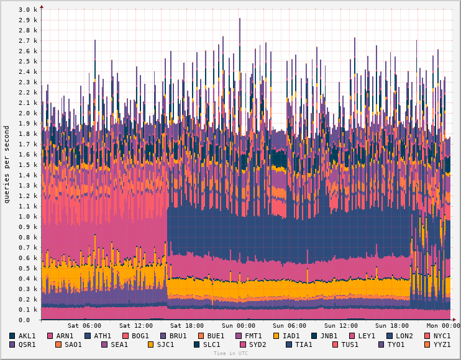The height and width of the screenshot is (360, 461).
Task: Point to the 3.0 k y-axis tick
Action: point(28,10)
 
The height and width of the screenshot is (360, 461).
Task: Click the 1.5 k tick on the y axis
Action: point(28,165)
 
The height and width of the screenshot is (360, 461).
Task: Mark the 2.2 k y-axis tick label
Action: point(28,92)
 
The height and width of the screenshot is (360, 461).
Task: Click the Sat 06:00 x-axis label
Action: point(84,326)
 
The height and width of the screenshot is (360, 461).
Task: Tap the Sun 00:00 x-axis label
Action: point(239,326)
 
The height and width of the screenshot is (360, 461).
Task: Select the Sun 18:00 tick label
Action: point(393,326)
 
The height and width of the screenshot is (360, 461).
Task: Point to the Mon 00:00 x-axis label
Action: point(444,326)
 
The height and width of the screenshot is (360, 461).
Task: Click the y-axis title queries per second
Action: point(7,164)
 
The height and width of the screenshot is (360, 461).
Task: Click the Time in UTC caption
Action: point(230,353)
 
